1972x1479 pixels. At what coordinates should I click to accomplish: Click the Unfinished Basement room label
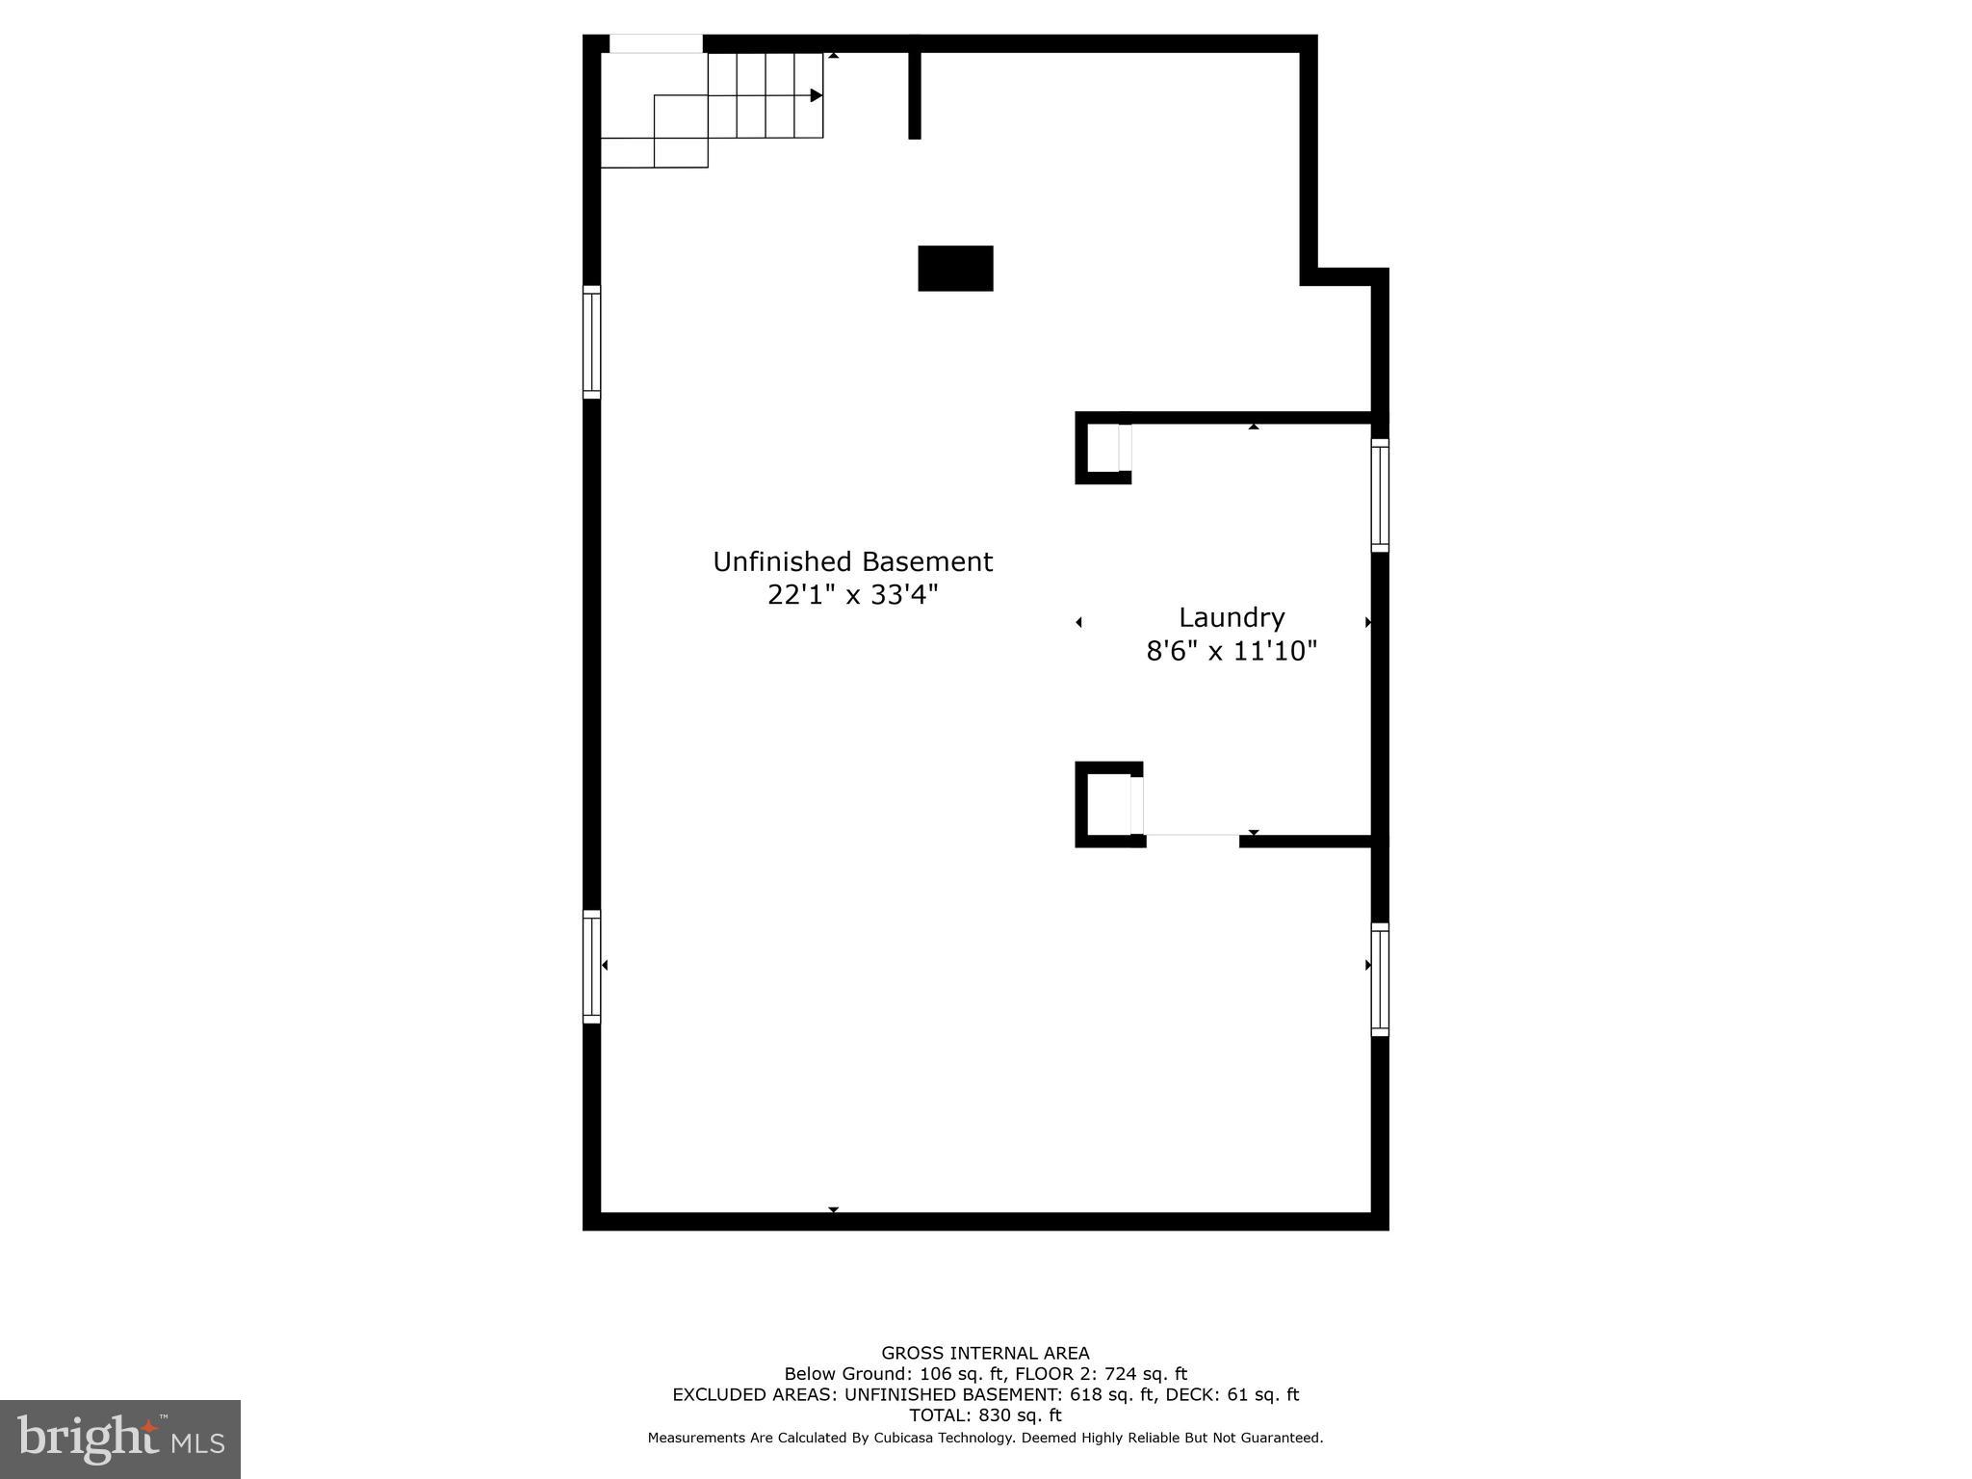coord(852,561)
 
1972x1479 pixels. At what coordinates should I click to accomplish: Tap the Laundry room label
coord(1232,617)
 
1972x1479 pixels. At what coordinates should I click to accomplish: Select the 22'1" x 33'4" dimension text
coord(852,595)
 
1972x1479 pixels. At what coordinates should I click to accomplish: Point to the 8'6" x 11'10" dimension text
coord(1232,652)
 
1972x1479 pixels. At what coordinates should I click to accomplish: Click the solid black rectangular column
coord(955,268)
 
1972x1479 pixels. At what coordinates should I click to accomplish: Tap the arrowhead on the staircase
coord(817,95)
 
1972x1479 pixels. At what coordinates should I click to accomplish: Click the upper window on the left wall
coord(592,342)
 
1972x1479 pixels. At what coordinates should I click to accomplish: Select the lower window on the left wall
coord(592,966)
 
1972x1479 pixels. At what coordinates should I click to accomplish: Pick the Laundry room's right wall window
coord(1380,495)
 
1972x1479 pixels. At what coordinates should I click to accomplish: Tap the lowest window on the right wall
coord(1380,979)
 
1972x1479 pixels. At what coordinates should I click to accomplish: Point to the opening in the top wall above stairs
coord(656,44)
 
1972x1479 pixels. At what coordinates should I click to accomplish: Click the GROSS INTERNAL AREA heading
coord(985,1353)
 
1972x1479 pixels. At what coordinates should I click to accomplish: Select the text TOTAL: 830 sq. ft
coord(985,1415)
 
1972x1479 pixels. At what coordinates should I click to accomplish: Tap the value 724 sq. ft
coord(1146,1374)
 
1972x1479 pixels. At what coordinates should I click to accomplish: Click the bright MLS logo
coord(120,1440)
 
